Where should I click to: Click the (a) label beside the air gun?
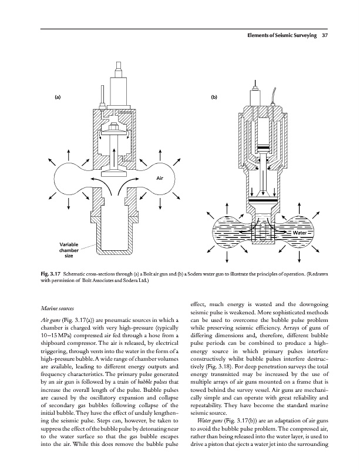coord(59,96)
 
